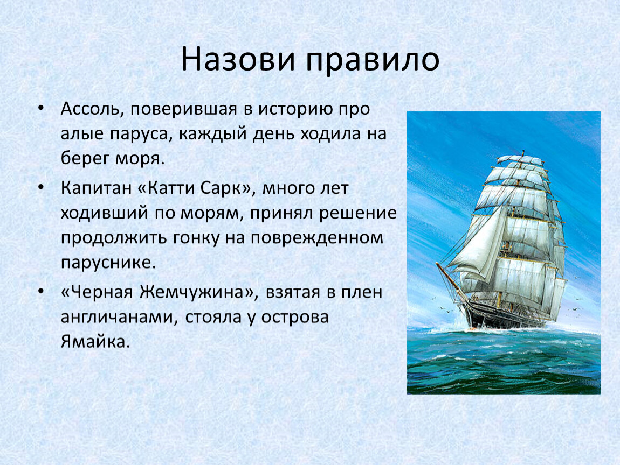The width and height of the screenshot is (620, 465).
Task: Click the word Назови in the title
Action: pos(238,60)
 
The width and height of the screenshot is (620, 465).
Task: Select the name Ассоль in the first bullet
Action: pos(90,109)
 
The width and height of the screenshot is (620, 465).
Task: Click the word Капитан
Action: pos(95,188)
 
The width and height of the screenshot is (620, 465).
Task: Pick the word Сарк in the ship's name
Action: pos(225,188)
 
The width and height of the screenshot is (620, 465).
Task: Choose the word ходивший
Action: pos(105,213)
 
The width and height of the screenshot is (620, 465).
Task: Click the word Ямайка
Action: pos(95,342)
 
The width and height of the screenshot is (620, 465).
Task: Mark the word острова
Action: pos(295,318)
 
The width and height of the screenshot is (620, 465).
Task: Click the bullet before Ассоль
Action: pos(41,109)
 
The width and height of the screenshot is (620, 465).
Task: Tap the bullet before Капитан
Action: pos(41,187)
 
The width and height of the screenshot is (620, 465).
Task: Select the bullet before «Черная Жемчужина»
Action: pos(41,292)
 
